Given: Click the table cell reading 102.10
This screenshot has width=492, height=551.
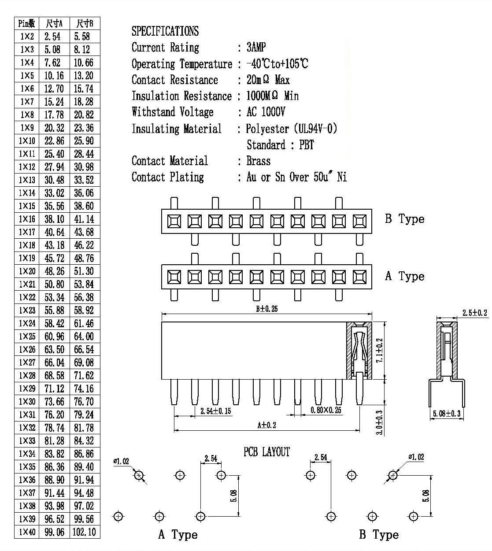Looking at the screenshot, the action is [84, 532].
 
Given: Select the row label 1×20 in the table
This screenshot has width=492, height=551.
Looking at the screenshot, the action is [27, 271].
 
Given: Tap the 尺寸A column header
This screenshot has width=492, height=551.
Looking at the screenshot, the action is [54, 23].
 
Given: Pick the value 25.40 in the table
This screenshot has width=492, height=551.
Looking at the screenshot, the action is [54, 154].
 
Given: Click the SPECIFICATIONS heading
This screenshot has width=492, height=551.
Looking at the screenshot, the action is [165, 31].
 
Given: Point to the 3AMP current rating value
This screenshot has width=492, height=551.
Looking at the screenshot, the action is [256, 47].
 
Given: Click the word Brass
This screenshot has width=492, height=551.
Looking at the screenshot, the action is [259, 161].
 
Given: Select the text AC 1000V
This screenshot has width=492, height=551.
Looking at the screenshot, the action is [266, 112].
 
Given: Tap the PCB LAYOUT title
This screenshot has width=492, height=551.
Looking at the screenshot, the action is [266, 452].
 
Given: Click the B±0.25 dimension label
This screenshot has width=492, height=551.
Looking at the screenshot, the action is [267, 309].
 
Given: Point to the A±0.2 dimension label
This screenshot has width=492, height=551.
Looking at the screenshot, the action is [267, 425].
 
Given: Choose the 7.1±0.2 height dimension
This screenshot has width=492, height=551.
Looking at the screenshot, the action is [379, 350].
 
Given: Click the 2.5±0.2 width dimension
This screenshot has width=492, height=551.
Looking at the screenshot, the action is [475, 313].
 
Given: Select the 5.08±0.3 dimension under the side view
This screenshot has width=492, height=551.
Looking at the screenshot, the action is [447, 414].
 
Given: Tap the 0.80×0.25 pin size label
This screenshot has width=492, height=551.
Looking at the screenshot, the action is [326, 410].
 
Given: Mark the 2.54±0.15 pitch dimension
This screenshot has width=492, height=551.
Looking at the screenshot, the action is [216, 411].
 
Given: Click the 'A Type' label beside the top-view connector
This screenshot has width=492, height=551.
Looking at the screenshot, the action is [405, 276].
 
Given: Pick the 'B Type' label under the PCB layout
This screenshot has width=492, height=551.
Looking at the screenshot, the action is [379, 534].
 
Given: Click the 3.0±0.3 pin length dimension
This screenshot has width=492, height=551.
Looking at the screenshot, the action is [379, 422].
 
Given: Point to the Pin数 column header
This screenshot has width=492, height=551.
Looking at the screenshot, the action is [27, 23].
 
